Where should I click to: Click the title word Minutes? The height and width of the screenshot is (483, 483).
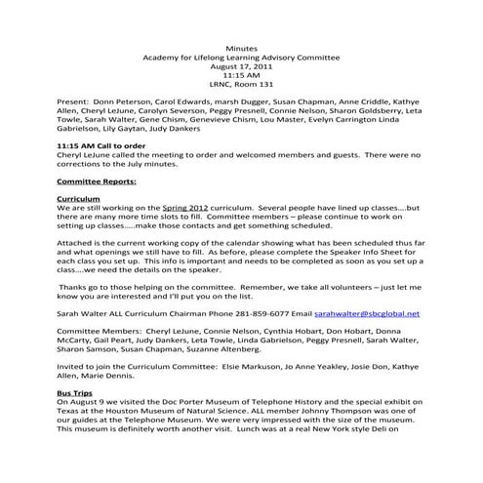coord(241,48)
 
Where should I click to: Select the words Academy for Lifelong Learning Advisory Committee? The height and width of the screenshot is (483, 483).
coord(241,57)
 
